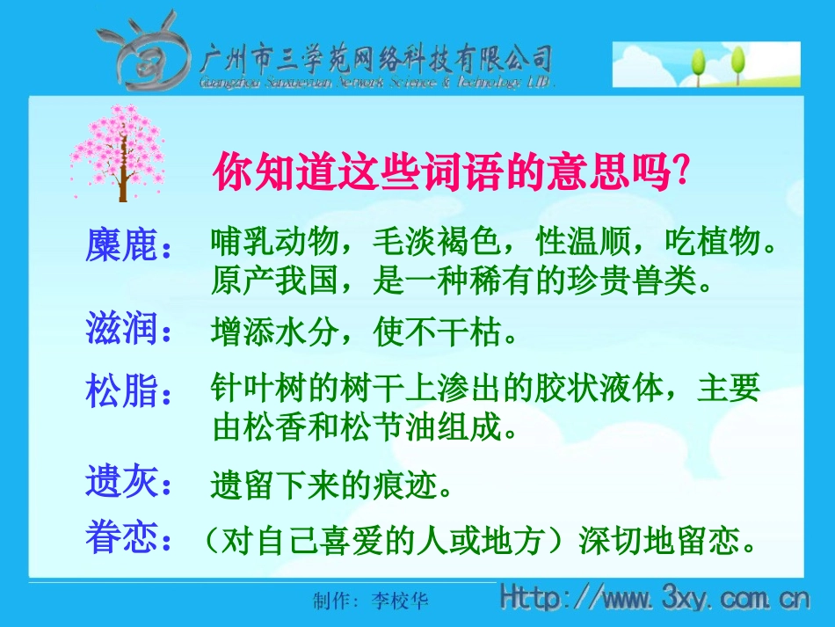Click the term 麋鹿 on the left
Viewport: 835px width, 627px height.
pos(122,245)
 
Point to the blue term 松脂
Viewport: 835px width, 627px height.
pos(122,390)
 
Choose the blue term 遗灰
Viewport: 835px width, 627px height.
pos(122,482)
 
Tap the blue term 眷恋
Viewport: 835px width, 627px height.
pos(122,538)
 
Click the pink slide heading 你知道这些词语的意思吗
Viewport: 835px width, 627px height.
pos(448,171)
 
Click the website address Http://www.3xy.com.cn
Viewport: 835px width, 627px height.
pos(654,600)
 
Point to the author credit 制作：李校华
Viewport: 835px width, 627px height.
pos(371,601)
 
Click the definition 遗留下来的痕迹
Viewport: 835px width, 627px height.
pos(333,485)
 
